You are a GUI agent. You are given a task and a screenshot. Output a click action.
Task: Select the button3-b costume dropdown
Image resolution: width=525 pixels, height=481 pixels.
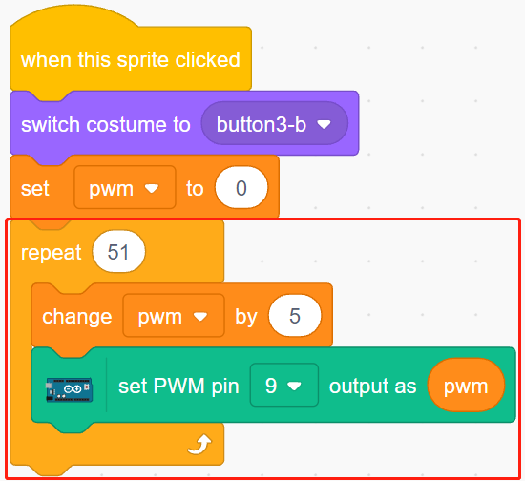pos(275,123)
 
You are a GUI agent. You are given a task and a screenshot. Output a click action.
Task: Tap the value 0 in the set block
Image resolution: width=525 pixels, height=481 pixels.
pos(241,187)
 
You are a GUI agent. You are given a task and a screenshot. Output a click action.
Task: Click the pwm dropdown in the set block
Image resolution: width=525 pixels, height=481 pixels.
pos(124,187)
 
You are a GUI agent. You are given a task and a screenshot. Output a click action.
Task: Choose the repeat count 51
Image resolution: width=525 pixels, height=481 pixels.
pos(119,251)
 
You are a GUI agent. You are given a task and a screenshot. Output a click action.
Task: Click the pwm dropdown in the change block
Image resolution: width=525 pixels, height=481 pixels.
pos(174,315)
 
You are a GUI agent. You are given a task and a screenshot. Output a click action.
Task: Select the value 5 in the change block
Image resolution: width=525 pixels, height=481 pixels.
pos(295,315)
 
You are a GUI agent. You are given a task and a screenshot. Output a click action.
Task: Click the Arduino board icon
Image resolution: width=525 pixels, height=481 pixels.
pos(69,389)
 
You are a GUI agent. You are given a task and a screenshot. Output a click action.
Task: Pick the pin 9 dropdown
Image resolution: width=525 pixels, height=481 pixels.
pos(283,385)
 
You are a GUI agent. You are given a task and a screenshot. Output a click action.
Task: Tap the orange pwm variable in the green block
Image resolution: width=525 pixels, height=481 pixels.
pos(466,386)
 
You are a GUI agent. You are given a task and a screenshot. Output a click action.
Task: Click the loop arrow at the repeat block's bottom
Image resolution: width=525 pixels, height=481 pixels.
pos(199,445)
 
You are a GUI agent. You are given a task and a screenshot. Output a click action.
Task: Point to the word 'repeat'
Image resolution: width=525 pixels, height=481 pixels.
pos(51,252)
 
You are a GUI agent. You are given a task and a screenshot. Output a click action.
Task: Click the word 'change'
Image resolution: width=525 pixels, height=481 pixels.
pos(77,317)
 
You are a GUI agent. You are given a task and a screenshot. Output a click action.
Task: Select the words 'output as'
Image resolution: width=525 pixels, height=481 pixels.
pos(372,387)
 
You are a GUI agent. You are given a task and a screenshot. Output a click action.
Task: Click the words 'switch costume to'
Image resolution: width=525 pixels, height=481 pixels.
pos(106,124)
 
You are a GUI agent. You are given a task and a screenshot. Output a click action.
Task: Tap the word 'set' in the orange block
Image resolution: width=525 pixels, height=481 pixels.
pos(34,188)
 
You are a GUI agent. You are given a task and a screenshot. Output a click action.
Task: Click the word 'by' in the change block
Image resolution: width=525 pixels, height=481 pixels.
pos(246,317)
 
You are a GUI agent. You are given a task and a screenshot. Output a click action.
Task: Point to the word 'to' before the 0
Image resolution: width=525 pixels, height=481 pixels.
pos(195,188)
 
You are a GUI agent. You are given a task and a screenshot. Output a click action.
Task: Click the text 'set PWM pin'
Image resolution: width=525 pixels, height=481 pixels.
pos(178,386)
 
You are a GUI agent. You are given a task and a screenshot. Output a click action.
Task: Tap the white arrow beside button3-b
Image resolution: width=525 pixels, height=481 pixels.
pos(325,124)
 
